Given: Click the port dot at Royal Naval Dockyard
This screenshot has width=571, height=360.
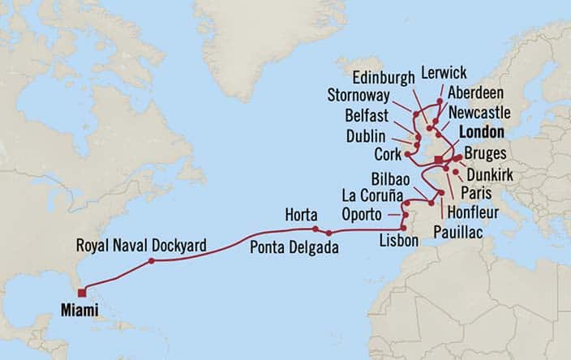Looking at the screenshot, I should pos(152,261).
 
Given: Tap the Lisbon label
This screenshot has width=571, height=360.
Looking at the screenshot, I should pos(399,241).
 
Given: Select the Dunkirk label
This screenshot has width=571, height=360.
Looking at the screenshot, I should pos(490,174).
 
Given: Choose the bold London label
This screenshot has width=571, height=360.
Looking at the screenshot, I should pos(482,132).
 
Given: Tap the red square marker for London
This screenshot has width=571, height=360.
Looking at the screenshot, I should pos(439,159).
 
